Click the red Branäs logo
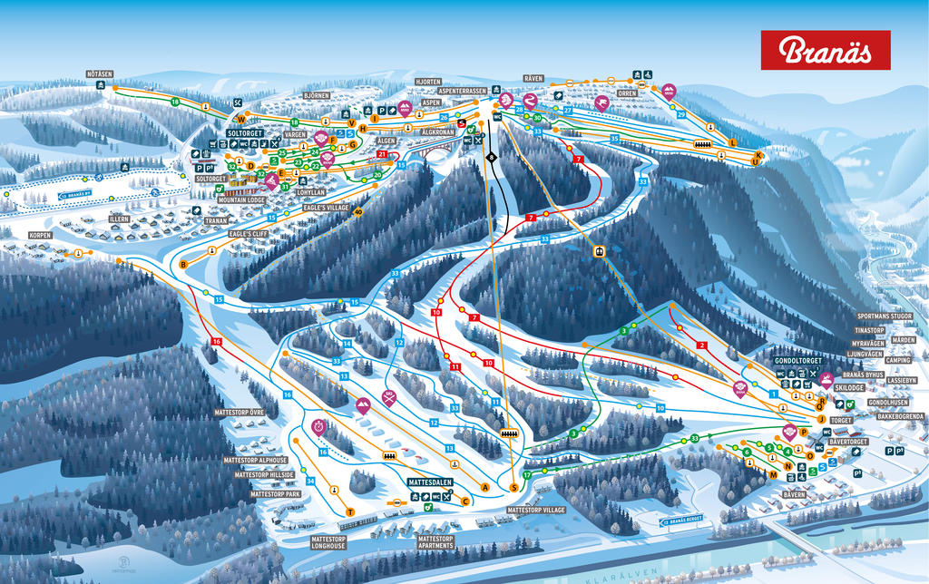click(825, 50)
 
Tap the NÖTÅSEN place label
click(99, 73)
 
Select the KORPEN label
click(40, 235)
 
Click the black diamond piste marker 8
click(491, 158)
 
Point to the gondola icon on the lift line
click(599, 251)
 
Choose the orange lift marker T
click(349, 512)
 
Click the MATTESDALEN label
click(431, 482)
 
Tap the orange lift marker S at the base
click(513, 488)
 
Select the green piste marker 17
click(526, 475)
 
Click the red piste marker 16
click(216, 341)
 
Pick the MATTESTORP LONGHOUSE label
click(328, 543)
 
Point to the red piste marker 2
click(701, 346)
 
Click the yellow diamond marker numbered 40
click(357, 212)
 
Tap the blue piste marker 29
click(681, 115)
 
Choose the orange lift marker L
click(733, 142)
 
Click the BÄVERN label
click(794, 494)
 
